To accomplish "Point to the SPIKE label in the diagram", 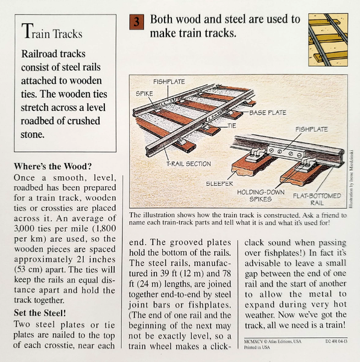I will [144, 94].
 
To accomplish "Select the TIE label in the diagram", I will [232, 125].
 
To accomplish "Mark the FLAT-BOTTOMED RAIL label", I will [318, 199].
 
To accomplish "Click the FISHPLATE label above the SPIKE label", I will [168, 80].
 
